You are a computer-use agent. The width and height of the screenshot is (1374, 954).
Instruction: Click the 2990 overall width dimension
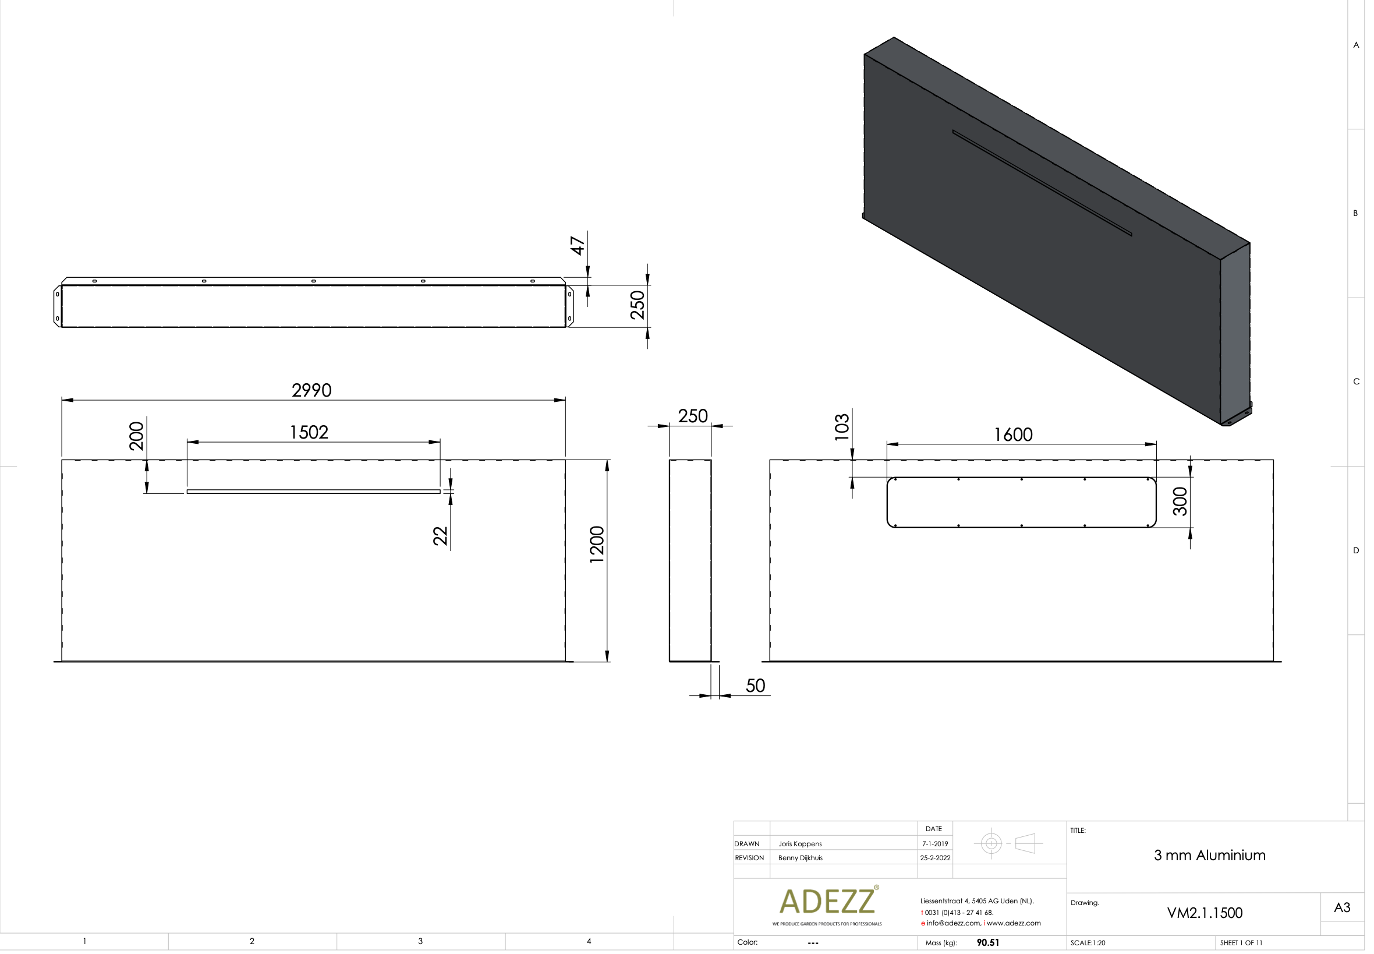pos(311,390)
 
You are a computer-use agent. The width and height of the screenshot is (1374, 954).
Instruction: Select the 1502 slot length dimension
pos(309,432)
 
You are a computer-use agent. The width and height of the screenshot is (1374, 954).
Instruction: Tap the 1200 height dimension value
pos(597,544)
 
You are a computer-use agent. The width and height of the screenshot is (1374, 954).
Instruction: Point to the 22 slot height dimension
pos(440,536)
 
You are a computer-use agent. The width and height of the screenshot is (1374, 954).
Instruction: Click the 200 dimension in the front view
pos(137,436)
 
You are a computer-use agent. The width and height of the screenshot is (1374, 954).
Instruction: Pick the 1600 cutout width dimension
pos(1012,434)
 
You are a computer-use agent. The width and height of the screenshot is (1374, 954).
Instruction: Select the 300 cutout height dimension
pos(1180,501)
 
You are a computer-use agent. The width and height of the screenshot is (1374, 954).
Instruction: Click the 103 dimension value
pos(842,427)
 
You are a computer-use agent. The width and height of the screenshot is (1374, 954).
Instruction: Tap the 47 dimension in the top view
pos(578,246)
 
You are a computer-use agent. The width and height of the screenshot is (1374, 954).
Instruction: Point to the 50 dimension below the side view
pos(755,686)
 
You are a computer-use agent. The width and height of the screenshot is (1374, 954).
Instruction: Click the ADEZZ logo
pos(827,902)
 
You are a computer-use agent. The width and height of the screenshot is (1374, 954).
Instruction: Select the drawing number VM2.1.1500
pos(1205,913)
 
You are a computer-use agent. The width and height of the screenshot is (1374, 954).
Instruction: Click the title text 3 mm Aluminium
pos(1209,856)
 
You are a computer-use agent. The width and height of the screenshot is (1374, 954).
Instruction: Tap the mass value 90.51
pos(987,942)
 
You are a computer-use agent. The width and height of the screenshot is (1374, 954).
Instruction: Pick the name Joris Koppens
pos(800,844)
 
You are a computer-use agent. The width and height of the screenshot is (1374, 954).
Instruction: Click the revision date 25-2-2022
pos(935,858)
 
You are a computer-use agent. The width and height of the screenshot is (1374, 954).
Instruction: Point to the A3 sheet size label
pos(1342,907)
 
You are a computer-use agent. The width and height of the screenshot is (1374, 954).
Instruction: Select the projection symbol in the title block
pos(1008,843)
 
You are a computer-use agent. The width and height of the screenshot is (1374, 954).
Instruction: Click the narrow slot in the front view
pos(313,492)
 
